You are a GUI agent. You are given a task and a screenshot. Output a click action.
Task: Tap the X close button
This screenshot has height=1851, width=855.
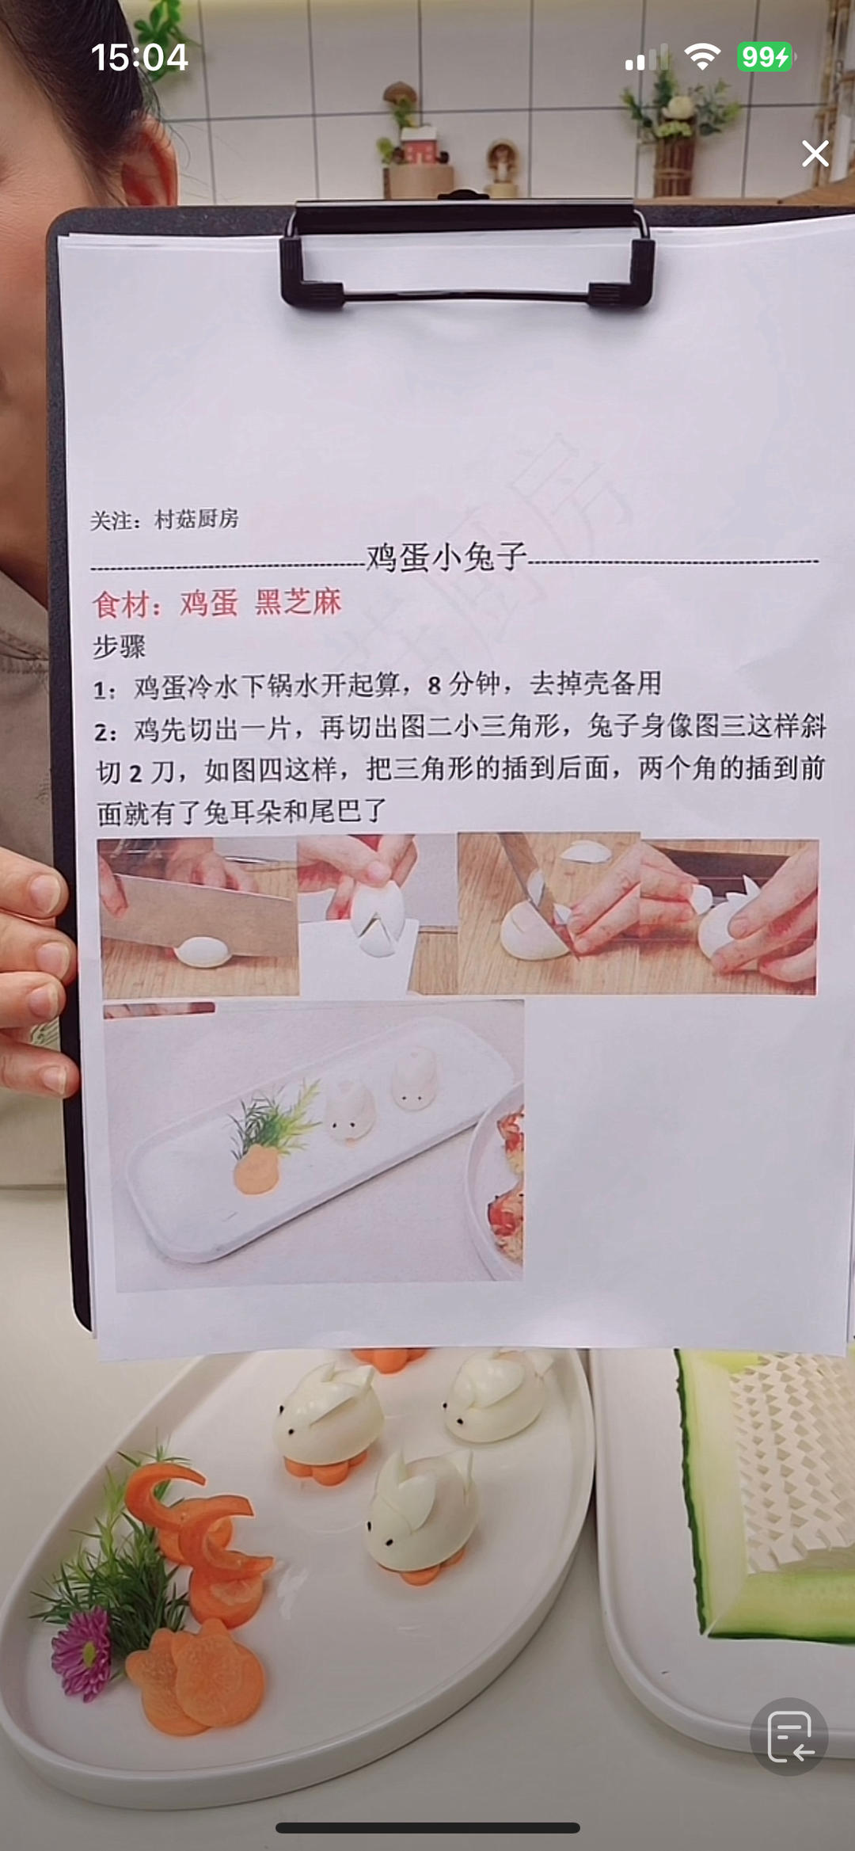pyautogui.click(x=815, y=154)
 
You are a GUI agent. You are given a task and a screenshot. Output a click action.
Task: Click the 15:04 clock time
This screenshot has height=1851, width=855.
pyautogui.click(x=139, y=58)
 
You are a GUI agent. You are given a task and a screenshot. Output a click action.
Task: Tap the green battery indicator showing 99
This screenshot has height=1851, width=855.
pyautogui.click(x=765, y=57)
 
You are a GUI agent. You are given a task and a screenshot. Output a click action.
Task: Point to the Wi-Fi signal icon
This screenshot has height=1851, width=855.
pyautogui.click(x=701, y=57)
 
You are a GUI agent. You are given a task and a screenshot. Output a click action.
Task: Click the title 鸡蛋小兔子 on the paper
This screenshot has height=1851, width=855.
pyautogui.click(x=446, y=557)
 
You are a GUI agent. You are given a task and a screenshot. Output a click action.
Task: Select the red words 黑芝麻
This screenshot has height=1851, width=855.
pyautogui.click(x=298, y=602)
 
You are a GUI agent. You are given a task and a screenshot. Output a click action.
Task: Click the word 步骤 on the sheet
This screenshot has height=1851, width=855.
pyautogui.click(x=120, y=646)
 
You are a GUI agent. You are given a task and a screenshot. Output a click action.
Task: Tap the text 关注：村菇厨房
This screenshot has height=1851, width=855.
pyautogui.click(x=164, y=520)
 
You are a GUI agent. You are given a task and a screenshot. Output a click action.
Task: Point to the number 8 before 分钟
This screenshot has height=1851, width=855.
pyautogui.click(x=434, y=685)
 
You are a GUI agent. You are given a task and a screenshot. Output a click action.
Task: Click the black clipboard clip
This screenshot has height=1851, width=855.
pyautogui.click(x=467, y=253)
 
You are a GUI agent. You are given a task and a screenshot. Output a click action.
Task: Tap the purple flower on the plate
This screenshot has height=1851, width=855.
pyautogui.click(x=82, y=1655)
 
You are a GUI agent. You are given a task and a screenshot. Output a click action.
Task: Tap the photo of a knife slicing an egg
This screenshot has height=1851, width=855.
pyautogui.click(x=200, y=916)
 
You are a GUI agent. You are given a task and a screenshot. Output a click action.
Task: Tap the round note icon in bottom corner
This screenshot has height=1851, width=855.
pyautogui.click(x=789, y=1736)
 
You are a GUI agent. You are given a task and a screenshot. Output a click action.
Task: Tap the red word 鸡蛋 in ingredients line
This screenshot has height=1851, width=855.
pyautogui.click(x=209, y=603)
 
